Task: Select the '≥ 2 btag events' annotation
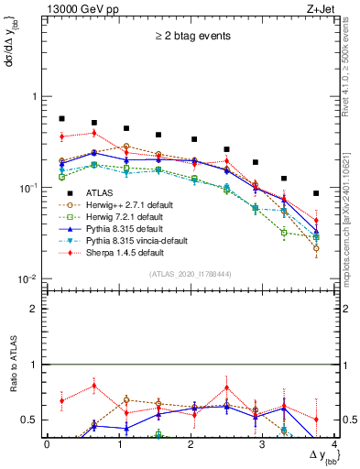click(x=192, y=37)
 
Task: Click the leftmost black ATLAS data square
click(x=61, y=119)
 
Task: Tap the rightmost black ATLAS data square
click(x=316, y=193)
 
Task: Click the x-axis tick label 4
click(x=335, y=443)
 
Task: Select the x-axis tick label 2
click(x=191, y=443)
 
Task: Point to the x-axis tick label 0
click(x=47, y=443)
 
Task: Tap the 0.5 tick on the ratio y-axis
click(x=31, y=420)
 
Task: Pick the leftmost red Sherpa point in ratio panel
click(x=61, y=400)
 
